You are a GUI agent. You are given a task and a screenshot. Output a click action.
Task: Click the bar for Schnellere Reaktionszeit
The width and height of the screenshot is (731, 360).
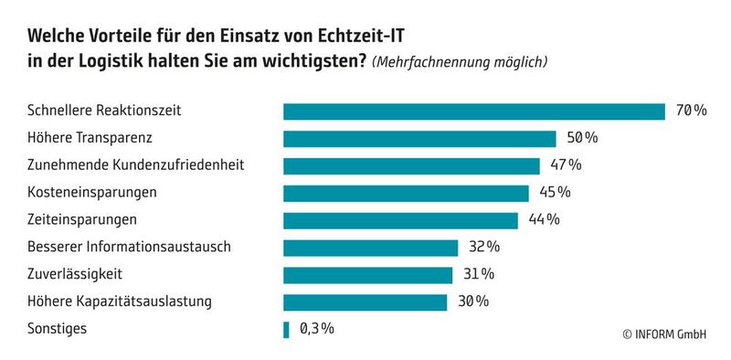click(473, 111)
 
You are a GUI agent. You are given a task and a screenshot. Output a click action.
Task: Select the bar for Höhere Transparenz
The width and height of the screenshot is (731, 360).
click(419, 139)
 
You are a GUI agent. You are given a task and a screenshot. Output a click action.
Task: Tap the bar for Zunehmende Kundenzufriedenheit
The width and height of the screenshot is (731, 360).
click(411, 165)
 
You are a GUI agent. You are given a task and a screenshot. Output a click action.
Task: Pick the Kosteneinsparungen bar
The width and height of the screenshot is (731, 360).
click(406, 193)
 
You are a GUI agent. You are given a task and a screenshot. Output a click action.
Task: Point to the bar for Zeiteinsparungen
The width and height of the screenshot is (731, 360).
click(400, 220)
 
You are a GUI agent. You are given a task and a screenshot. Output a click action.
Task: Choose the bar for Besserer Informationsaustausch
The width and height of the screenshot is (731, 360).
click(370, 248)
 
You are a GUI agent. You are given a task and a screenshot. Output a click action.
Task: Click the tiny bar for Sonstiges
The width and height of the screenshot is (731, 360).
click(286, 329)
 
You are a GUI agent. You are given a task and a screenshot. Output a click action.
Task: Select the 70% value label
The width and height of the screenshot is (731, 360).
click(691, 111)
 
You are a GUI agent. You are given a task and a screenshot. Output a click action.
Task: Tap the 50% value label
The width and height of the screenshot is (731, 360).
click(581, 139)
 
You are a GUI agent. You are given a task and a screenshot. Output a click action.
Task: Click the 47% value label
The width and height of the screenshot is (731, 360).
click(564, 165)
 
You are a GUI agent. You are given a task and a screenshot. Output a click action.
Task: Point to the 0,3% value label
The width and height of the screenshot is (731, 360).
click(316, 329)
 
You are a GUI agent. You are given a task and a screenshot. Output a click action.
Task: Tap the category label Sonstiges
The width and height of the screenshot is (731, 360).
click(58, 329)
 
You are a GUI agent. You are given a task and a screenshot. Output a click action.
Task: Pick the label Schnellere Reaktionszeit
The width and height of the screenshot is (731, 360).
click(105, 111)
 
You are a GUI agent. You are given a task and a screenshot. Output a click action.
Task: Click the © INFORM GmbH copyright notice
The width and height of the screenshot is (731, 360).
click(664, 334)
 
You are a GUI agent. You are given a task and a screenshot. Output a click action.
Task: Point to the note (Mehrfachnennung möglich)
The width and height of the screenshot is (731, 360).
click(460, 63)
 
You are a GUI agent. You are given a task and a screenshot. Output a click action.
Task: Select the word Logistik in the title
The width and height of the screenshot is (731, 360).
click(119, 62)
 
